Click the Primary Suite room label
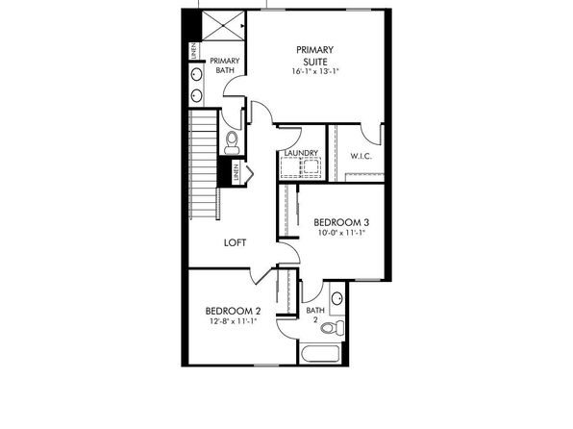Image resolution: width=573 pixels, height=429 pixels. click(x=314, y=56)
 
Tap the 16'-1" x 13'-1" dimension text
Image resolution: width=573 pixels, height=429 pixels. click(x=315, y=72)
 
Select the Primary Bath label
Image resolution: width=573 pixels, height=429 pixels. click(x=225, y=65)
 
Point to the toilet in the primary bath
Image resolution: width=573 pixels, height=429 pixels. click(x=232, y=143)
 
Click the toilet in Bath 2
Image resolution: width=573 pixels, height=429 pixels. click(x=333, y=327)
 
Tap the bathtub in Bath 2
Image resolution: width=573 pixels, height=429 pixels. click(x=320, y=353)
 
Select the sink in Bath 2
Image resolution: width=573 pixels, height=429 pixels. click(x=336, y=298)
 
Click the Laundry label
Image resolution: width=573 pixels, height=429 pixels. click(x=301, y=153)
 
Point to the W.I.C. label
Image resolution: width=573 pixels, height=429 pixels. click(x=361, y=156)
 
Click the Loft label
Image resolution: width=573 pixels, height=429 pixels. click(x=235, y=242)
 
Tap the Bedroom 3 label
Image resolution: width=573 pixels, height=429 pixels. click(x=341, y=222)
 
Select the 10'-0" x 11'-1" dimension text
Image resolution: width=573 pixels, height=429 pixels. click(x=341, y=233)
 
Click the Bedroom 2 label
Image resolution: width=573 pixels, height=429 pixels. click(x=234, y=312)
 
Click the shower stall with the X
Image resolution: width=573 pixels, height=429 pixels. click(x=223, y=26)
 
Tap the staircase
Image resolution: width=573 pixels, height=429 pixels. click(x=204, y=164)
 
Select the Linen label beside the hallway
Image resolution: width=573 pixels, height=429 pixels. click(x=237, y=172)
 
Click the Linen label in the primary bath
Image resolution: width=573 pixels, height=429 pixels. click(x=194, y=51)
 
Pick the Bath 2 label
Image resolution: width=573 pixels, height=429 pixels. click(x=315, y=315)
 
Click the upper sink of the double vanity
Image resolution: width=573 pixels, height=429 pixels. click(x=197, y=74)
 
